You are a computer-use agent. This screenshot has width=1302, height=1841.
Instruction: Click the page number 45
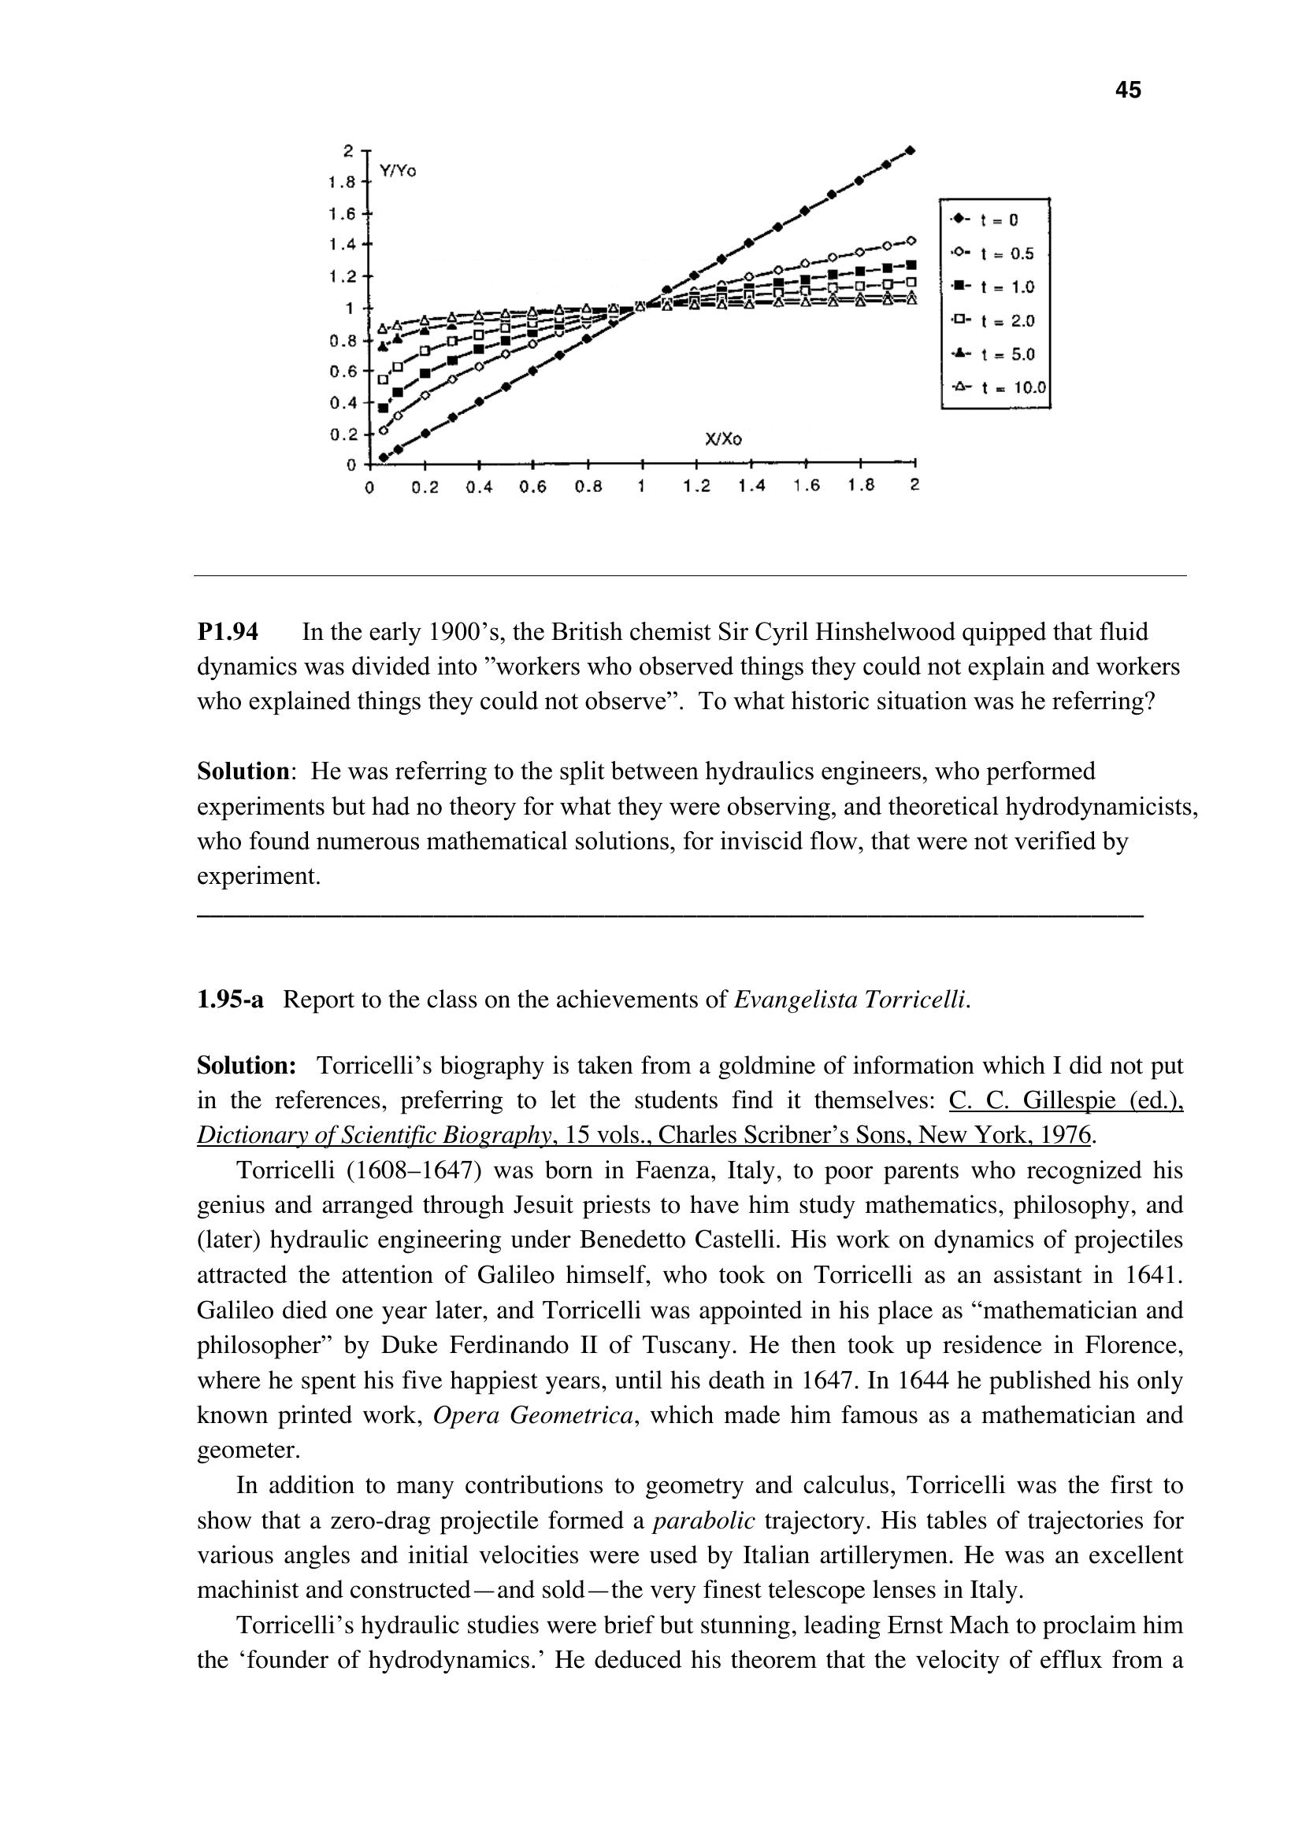(x=1127, y=91)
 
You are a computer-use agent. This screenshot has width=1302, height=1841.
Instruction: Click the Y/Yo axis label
(x=398, y=171)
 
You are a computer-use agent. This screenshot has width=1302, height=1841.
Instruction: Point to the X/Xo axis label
(x=723, y=438)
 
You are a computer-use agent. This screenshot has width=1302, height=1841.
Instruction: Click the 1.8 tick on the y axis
(x=342, y=183)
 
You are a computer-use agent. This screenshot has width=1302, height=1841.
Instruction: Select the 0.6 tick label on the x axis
(x=532, y=486)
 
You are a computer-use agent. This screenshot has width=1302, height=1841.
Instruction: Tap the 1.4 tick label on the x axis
(x=751, y=486)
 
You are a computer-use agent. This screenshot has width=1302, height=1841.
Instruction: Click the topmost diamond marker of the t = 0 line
(x=911, y=150)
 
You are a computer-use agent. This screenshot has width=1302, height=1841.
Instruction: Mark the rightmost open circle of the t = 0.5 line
(x=911, y=240)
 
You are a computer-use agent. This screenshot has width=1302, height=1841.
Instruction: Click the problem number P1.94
(x=228, y=633)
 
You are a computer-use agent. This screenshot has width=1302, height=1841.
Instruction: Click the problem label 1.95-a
(x=230, y=1000)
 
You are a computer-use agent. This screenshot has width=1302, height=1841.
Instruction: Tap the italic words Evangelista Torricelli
(x=851, y=1000)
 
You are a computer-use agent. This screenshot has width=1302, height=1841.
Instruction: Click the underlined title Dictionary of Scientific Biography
(x=374, y=1136)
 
